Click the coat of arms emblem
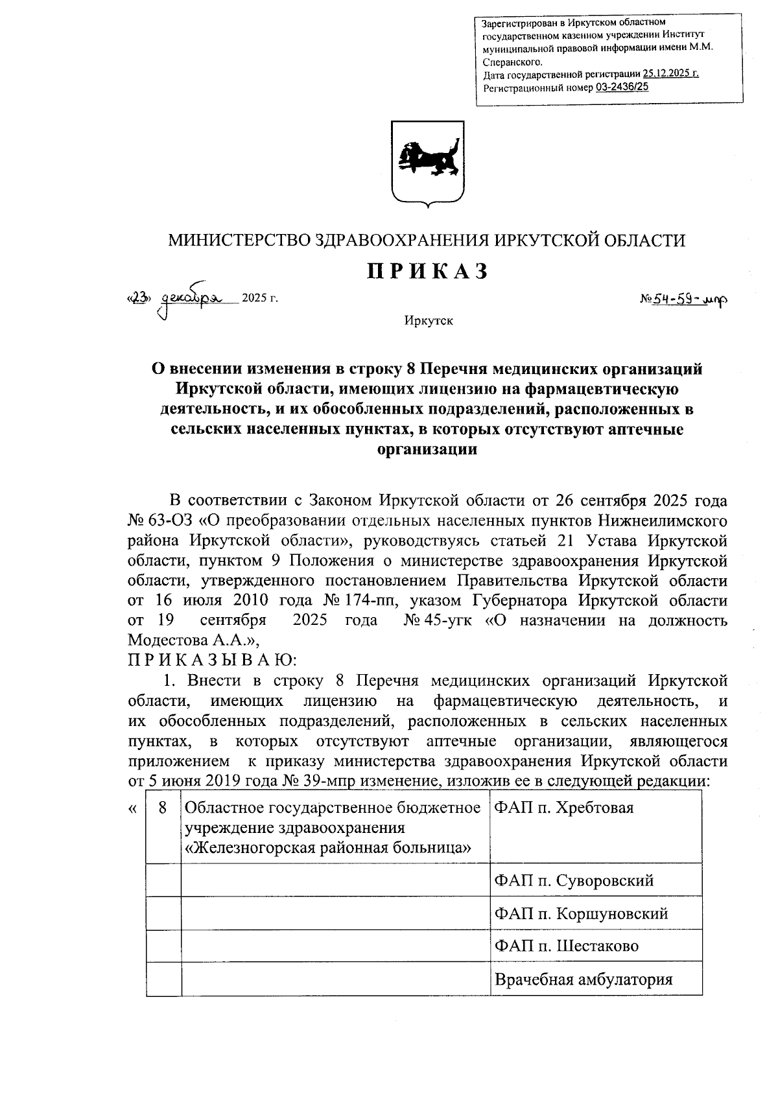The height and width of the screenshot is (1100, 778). coord(428,163)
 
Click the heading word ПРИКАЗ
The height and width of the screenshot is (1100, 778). coord(428,272)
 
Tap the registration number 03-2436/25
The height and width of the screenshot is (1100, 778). coord(620,87)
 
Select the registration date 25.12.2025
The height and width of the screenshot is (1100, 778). coord(670,74)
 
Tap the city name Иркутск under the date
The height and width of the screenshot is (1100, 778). coord(428,321)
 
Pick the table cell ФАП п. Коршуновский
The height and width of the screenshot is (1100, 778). coord(581,913)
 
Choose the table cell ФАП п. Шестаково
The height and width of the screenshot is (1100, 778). coord(566,946)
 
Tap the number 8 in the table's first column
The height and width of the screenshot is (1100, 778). coord(163,808)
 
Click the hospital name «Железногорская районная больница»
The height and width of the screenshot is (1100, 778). coord(327,848)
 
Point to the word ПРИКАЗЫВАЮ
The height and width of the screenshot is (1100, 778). coord(212,661)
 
